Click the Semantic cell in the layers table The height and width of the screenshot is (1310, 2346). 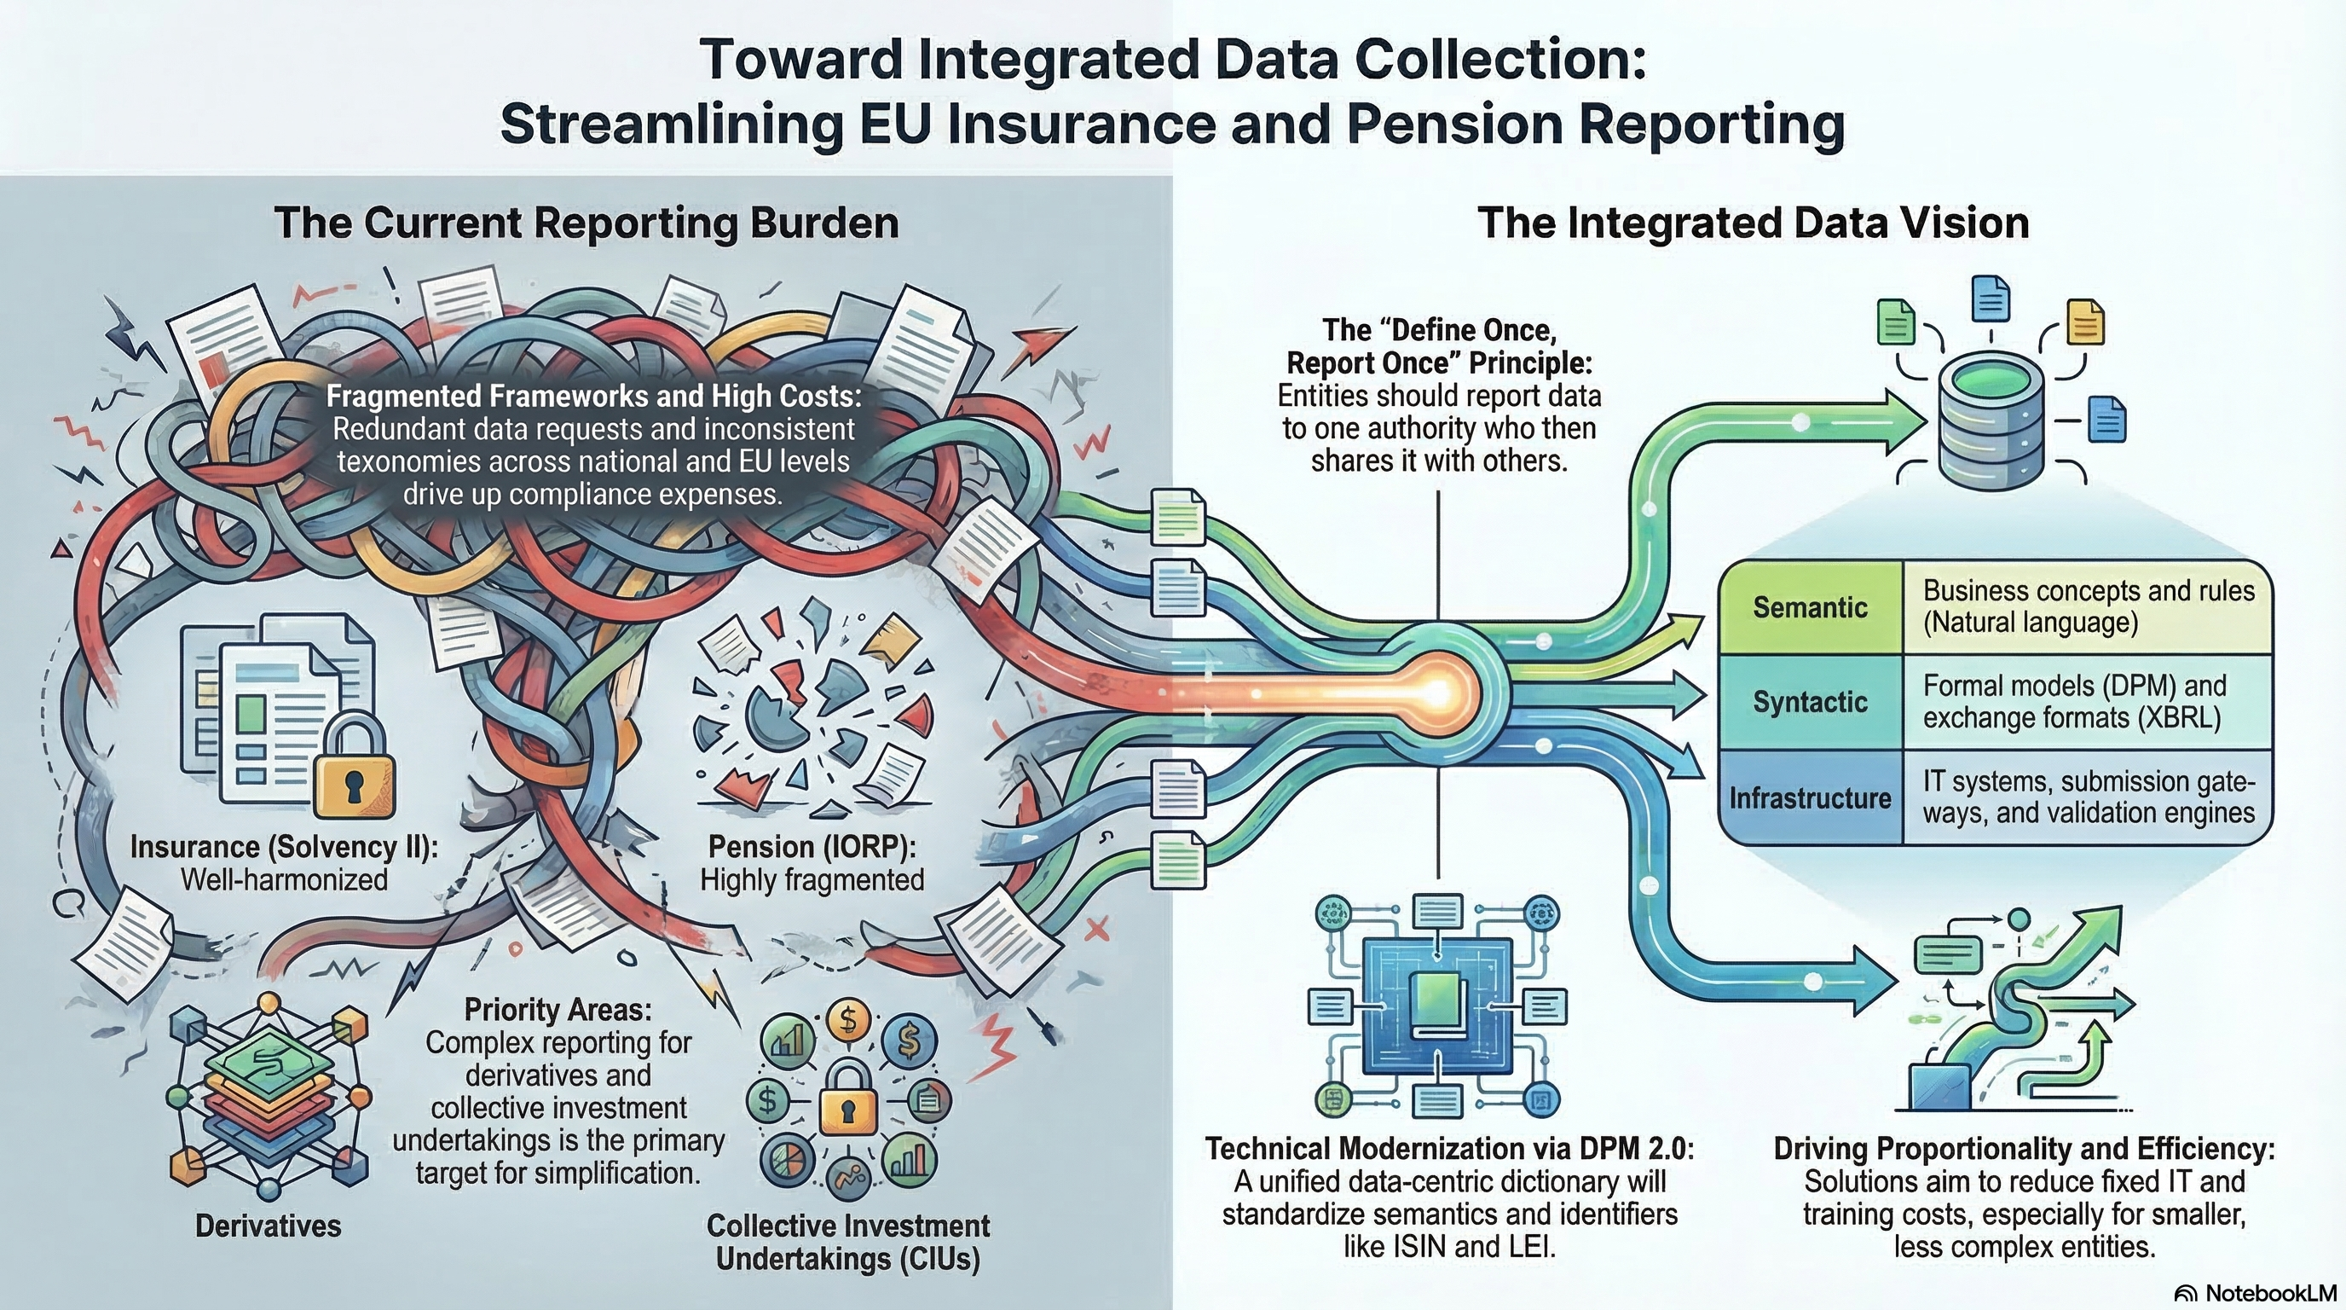[1810, 606]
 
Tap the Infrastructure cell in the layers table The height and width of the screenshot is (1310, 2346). [1810, 798]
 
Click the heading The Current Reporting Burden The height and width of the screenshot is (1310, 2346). [586, 223]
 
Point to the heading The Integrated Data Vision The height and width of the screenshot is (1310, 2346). [1754, 223]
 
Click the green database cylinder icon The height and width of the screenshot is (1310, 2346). [1991, 425]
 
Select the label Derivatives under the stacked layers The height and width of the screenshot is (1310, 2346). [268, 1226]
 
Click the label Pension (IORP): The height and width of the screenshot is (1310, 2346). [812, 847]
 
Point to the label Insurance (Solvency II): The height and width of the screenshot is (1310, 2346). [284, 847]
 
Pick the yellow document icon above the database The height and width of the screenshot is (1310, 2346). [2084, 322]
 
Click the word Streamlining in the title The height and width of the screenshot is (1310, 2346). [672, 125]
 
